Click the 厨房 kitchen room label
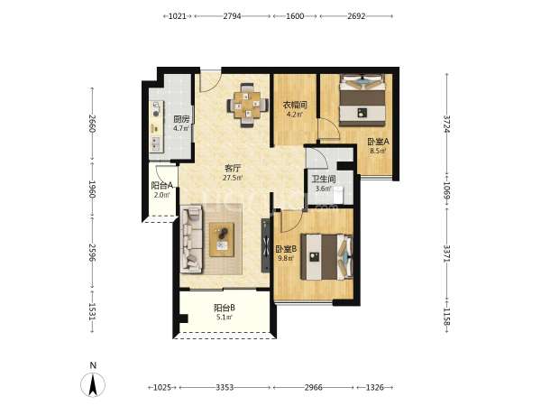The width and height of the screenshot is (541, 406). coord(181,120)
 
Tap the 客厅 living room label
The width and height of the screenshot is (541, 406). coord(233,169)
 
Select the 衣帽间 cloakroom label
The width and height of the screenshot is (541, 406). coord(295,105)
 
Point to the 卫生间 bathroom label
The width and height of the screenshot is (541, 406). coord(324,179)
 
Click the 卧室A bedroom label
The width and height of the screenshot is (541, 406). coord(378,142)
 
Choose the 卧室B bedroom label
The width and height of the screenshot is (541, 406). coord(286,249)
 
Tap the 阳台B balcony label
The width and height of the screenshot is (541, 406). coord(225,308)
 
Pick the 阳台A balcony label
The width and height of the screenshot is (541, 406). coord(162,186)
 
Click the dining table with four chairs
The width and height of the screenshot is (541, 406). coord(247,105)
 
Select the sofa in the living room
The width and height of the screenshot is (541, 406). coord(191,239)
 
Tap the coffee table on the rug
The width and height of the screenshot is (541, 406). coord(222,240)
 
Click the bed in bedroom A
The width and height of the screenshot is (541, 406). coord(362,100)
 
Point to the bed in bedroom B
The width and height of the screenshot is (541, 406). coord(327,257)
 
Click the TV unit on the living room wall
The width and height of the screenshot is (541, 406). coord(265,245)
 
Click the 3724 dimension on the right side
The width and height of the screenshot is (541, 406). coord(447,124)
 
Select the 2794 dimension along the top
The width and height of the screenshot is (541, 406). coord(233,16)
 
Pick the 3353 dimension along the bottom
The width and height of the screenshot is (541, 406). coord(225,387)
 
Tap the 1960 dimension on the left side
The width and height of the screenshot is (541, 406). coord(92,189)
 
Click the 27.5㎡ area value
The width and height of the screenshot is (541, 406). coord(233,178)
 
